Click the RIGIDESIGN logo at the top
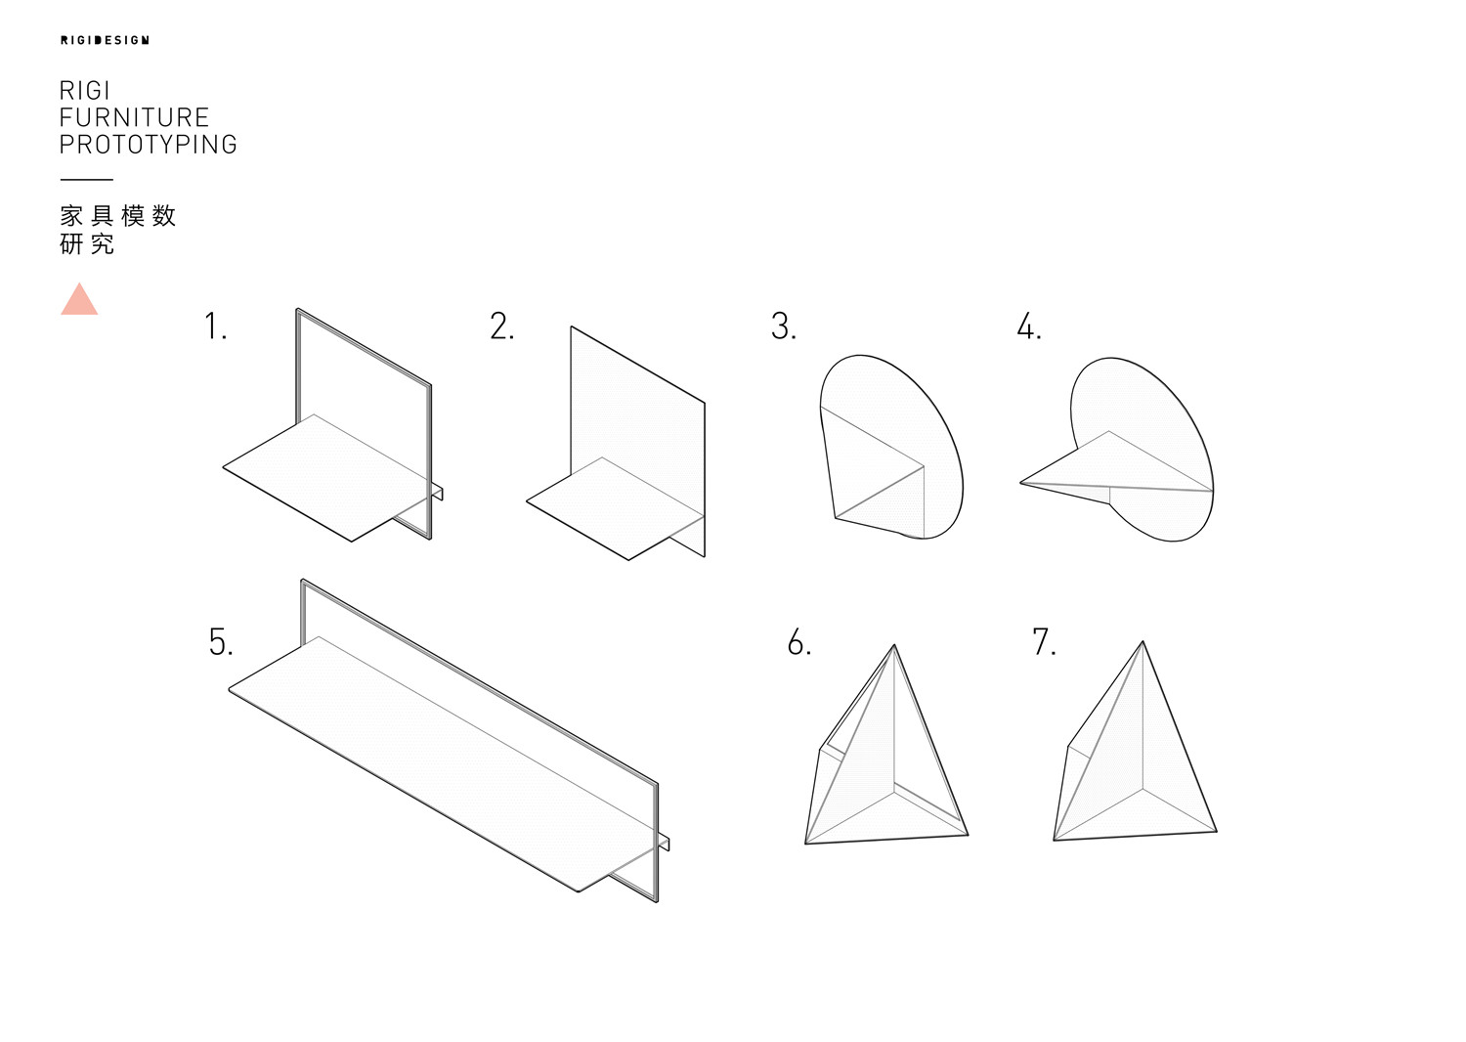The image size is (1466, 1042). tap(105, 40)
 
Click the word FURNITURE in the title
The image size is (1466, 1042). tap(134, 118)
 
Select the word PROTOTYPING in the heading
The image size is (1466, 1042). tap(148, 145)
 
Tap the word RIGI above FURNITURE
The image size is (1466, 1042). tap(84, 90)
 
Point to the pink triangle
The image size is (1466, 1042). tap(79, 299)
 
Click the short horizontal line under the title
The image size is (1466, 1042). tap(86, 179)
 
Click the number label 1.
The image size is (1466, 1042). tap(215, 326)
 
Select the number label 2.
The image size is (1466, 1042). tap(502, 326)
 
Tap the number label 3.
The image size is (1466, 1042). tap(784, 326)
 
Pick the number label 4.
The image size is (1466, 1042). tap(1029, 326)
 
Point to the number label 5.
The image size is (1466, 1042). tap(221, 641)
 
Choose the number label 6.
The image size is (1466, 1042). tap(799, 641)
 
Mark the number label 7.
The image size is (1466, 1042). tap(1044, 641)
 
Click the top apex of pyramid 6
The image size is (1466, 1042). tap(894, 645)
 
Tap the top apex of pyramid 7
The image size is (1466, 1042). tap(1143, 641)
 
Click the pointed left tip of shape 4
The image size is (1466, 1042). tap(1020, 483)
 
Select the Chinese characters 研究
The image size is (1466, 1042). tap(87, 244)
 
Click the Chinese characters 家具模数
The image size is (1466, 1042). tap(118, 215)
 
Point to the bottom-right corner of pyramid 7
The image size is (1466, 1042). tap(1217, 832)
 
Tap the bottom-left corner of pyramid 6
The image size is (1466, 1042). tap(805, 844)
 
